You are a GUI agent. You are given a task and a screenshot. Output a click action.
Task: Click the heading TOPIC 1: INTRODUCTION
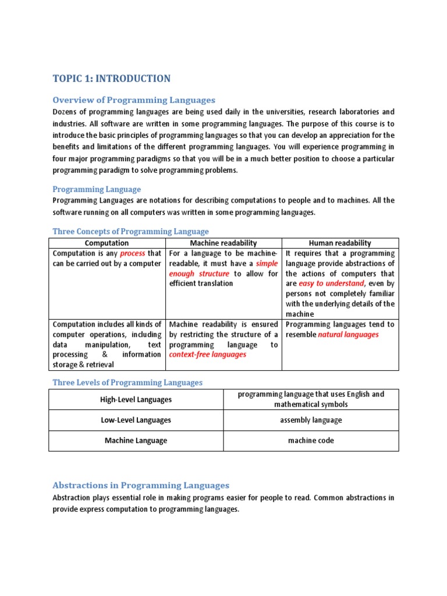pyautogui.click(x=112, y=79)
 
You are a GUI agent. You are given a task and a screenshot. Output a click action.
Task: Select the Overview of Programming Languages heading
pyautogui.click(x=134, y=100)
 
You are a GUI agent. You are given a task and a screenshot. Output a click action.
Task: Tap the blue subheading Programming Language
pyautogui.click(x=97, y=189)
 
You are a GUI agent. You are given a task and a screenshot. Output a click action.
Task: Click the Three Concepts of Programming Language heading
pyautogui.click(x=130, y=231)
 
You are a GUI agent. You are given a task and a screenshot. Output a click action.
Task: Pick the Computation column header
pyautogui.click(x=107, y=243)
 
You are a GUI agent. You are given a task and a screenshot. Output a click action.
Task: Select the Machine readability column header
pyautogui.click(x=223, y=243)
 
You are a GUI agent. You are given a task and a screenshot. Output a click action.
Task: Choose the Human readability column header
pyautogui.click(x=340, y=243)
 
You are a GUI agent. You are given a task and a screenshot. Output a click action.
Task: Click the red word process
pyautogui.click(x=132, y=254)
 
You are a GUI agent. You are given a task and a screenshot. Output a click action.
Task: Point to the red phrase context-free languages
pyautogui.click(x=207, y=354)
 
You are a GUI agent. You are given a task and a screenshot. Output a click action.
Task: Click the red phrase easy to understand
pyautogui.click(x=332, y=283)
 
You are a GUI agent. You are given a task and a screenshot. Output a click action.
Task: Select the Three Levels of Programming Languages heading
pyautogui.click(x=127, y=382)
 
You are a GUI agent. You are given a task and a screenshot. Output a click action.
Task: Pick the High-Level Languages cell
pyautogui.click(x=136, y=399)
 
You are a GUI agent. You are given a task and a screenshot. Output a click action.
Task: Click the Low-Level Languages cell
pyautogui.click(x=136, y=420)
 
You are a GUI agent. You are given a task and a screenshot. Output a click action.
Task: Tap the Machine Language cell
pyautogui.click(x=136, y=441)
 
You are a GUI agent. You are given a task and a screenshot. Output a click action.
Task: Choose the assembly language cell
pyautogui.click(x=311, y=420)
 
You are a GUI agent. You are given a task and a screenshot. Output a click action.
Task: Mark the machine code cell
pyautogui.click(x=311, y=441)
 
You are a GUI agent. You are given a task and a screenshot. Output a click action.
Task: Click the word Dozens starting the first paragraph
pyautogui.click(x=66, y=112)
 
